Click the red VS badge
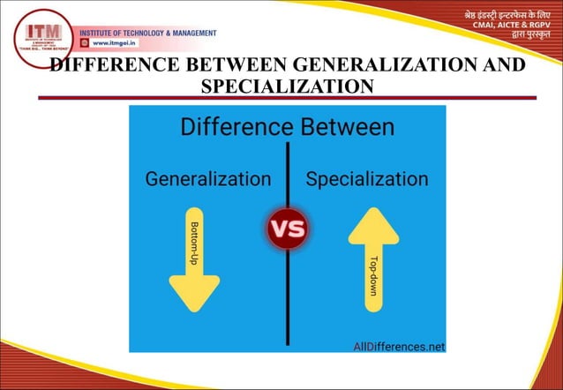click(287, 229)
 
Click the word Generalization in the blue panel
click(208, 179)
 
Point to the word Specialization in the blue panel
click(366, 179)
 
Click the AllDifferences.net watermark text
click(399, 346)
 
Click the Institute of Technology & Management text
click(148, 33)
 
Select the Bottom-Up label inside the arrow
click(194, 245)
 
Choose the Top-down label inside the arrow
click(374, 282)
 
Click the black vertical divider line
click(288, 291)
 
